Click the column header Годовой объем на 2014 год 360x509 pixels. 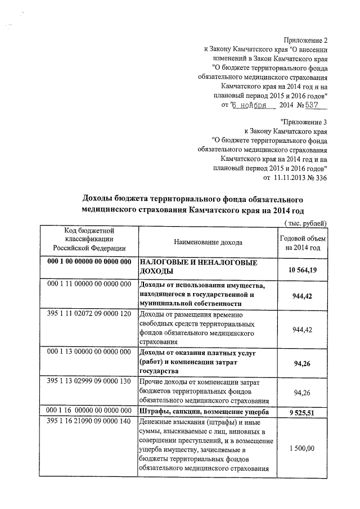[303, 242]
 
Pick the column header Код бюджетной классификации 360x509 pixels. [89, 239]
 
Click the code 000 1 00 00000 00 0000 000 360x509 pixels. [89, 263]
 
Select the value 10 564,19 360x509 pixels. [303, 271]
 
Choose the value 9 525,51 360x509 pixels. [303, 413]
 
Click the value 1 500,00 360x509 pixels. [303, 448]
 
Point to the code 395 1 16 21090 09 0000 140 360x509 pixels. [89, 422]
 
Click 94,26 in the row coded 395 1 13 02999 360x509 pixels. [303, 392]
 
